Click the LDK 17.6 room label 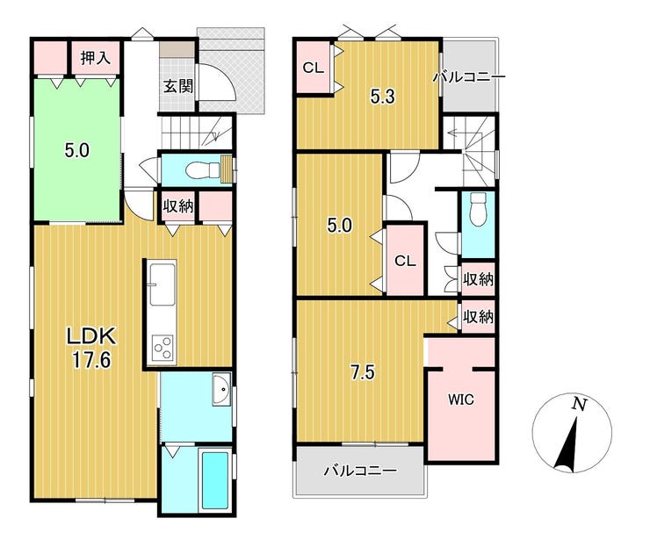[x=91, y=348]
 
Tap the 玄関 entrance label [x=177, y=87]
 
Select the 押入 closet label [x=96, y=58]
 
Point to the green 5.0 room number [x=77, y=150]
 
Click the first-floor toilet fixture [x=203, y=169]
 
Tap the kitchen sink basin [x=162, y=284]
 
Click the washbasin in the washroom [x=221, y=389]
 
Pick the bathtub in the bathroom [x=214, y=480]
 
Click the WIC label [x=460, y=400]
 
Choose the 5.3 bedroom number [x=383, y=97]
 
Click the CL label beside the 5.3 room [x=313, y=68]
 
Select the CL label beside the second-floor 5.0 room [x=405, y=261]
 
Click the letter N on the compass [x=580, y=403]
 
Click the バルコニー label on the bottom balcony [x=360, y=471]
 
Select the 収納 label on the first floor [x=177, y=206]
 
